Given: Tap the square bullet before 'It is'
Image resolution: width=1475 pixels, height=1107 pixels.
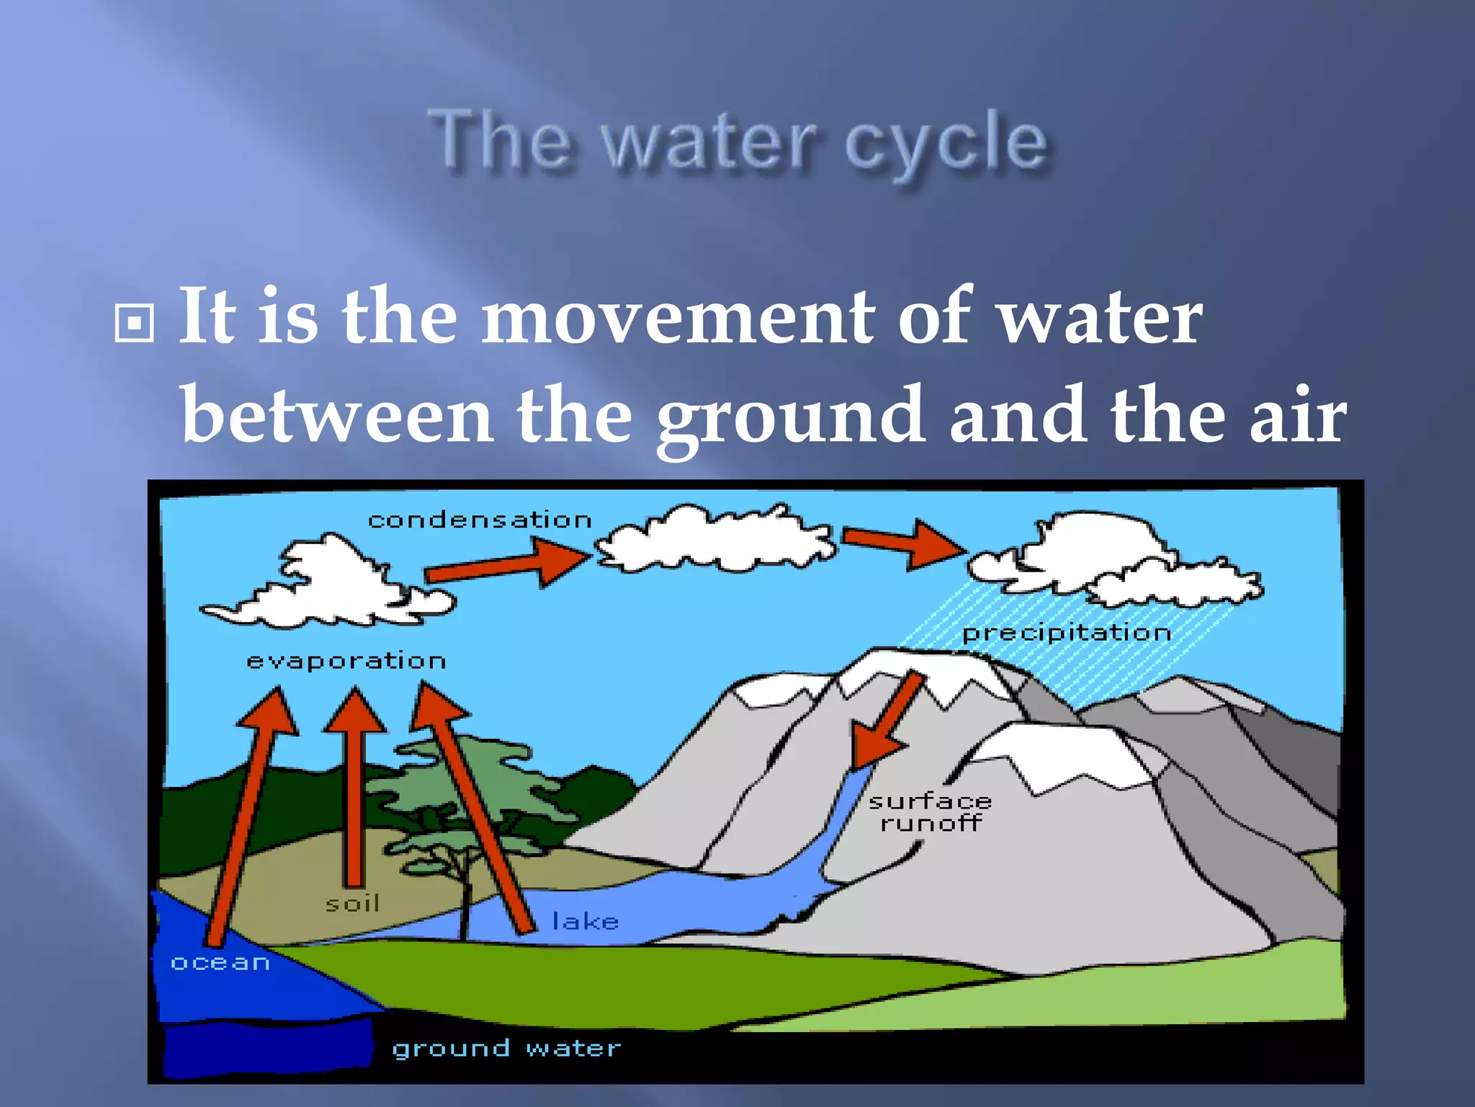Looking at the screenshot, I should tap(135, 323).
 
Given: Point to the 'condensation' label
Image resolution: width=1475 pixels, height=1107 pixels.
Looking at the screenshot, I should tap(480, 520).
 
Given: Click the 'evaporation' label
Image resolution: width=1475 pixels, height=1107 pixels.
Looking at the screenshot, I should tap(346, 661).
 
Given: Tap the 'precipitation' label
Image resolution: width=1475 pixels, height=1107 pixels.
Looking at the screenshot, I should tap(1066, 633).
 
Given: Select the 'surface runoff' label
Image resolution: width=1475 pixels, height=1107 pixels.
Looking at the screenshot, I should tap(930, 812).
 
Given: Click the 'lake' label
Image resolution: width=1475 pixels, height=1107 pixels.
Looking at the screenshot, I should tap(585, 921).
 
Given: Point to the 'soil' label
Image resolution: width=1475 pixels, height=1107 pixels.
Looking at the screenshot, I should tap(351, 903).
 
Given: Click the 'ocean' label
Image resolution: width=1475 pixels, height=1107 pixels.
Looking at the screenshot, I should tap(220, 962).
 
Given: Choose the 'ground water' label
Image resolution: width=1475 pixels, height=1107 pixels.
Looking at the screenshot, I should tap(506, 1048).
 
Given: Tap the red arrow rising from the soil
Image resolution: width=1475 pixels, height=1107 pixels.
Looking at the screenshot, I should tap(353, 786).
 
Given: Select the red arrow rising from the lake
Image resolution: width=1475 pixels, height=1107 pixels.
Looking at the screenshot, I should tap(475, 807).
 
